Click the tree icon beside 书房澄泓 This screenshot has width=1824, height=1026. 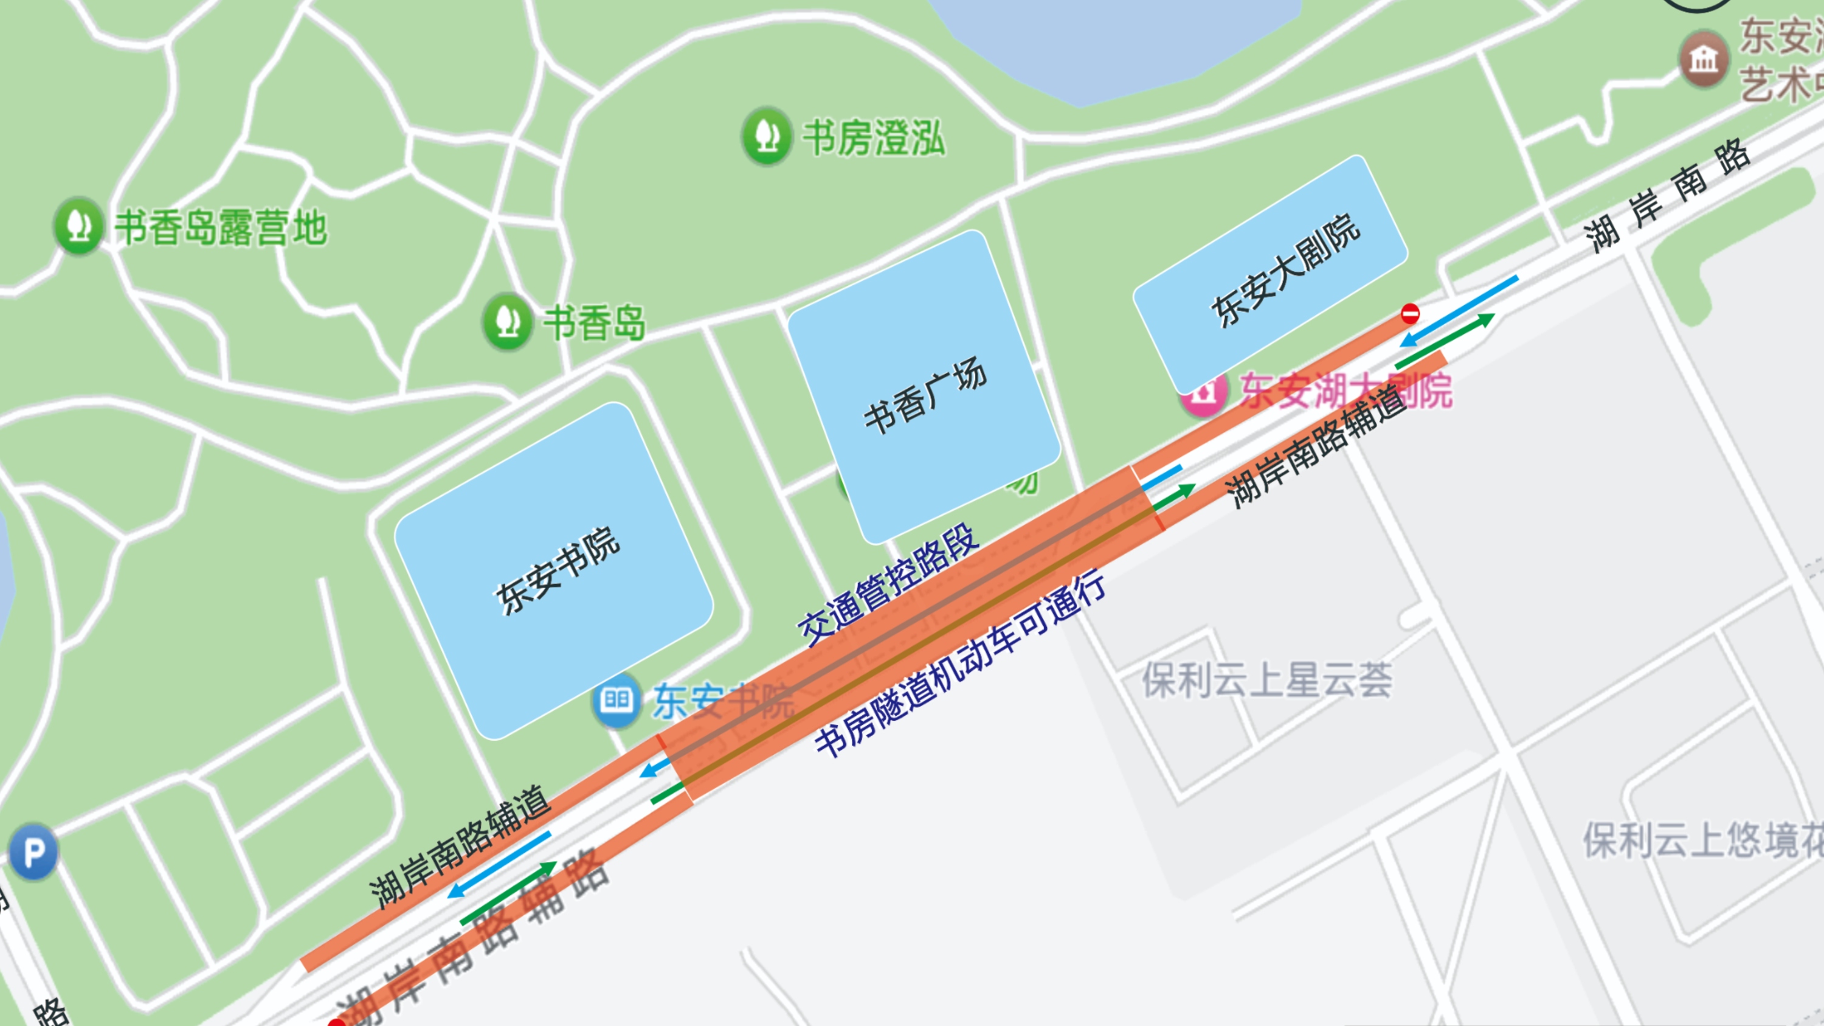[x=766, y=135]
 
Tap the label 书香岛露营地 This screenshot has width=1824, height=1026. [x=221, y=227]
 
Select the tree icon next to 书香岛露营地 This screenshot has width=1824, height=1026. [x=78, y=225]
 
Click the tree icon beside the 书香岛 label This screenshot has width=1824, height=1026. [x=507, y=322]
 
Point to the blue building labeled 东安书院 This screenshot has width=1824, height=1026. [x=554, y=570]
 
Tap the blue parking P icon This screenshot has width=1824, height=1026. [x=33, y=852]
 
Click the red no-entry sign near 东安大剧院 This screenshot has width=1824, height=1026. [x=1411, y=313]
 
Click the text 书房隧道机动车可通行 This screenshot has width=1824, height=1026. [x=960, y=663]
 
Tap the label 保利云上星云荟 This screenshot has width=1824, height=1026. [x=1266, y=680]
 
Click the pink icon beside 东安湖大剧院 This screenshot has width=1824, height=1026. [x=1202, y=393]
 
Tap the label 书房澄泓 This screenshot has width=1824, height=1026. [x=873, y=137]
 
